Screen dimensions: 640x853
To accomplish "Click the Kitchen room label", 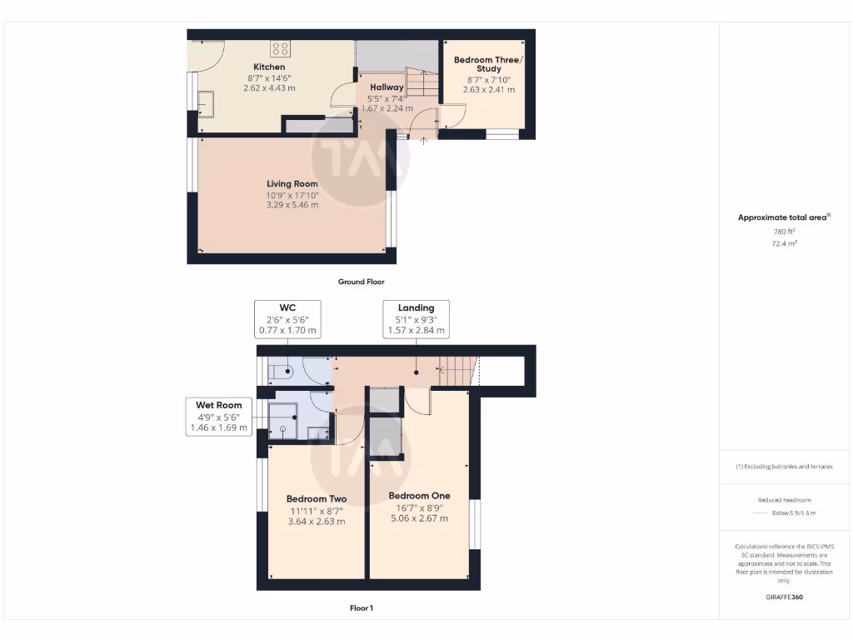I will click(269, 67).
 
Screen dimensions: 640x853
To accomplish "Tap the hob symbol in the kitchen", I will click(280, 48).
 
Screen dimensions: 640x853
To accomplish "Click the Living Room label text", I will click(292, 183).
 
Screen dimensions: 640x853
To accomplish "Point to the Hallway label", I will click(387, 87).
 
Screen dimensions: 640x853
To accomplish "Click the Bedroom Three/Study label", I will click(488, 64).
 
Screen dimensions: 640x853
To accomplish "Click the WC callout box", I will click(288, 319).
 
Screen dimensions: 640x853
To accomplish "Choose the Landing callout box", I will click(416, 319).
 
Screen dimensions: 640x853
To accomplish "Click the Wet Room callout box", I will click(218, 416).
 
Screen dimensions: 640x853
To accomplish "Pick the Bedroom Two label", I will click(316, 499).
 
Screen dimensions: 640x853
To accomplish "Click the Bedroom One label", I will click(419, 496).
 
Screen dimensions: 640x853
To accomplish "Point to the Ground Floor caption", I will click(361, 282).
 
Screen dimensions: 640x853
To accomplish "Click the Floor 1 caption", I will click(361, 608).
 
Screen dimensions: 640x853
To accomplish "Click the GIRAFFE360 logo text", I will click(783, 597).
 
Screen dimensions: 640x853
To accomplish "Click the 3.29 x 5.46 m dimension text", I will click(292, 204).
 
